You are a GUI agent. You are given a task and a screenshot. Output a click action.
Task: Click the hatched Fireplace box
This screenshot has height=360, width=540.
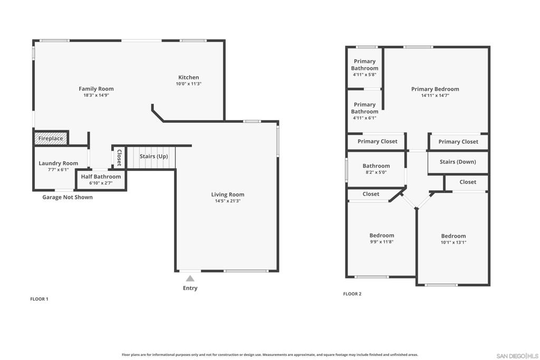pos(51,138)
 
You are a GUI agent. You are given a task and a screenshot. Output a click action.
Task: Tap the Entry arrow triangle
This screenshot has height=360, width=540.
pos(190,278)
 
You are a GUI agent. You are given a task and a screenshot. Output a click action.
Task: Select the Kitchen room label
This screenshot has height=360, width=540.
pos(188,77)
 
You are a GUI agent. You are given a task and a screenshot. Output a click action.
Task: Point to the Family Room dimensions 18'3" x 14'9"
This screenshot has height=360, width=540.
pos(96,95)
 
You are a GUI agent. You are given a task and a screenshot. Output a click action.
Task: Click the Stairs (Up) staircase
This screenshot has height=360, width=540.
pos(151,158)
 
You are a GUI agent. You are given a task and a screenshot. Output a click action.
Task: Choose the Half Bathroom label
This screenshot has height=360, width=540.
pos(101,177)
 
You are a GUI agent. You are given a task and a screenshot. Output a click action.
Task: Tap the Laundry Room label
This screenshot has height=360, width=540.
pos(58,163)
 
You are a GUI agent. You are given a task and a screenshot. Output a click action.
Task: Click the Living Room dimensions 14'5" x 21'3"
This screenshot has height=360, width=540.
pos(228,201)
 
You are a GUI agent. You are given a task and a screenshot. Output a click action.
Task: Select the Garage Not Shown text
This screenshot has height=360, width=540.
pos(67,197)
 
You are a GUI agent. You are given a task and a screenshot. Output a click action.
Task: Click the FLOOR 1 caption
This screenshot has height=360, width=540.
pos(39,299)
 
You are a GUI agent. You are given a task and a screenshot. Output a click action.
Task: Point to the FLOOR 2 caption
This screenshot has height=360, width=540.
pos(352,294)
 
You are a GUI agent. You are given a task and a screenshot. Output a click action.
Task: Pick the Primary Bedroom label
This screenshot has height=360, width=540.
pos(435,89)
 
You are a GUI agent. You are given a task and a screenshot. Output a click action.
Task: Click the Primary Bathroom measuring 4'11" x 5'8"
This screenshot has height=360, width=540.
pos(364,67)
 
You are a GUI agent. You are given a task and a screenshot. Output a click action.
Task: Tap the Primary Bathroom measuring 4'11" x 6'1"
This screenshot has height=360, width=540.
pos(364,111)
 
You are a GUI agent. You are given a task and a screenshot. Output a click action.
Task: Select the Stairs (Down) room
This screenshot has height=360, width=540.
pos(458,162)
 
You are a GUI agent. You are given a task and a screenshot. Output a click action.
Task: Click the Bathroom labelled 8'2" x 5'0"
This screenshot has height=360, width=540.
pos(376,169)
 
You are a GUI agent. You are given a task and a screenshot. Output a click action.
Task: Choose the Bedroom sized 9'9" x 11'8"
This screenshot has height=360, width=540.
pos(382,238)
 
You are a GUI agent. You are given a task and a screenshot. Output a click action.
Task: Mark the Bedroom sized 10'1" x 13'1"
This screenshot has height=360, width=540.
pos(453,239)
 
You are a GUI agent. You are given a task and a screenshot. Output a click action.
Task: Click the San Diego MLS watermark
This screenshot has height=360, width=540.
pos(517,356)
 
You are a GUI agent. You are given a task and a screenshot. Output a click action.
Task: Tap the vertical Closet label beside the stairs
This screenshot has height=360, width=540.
pos(119,158)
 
